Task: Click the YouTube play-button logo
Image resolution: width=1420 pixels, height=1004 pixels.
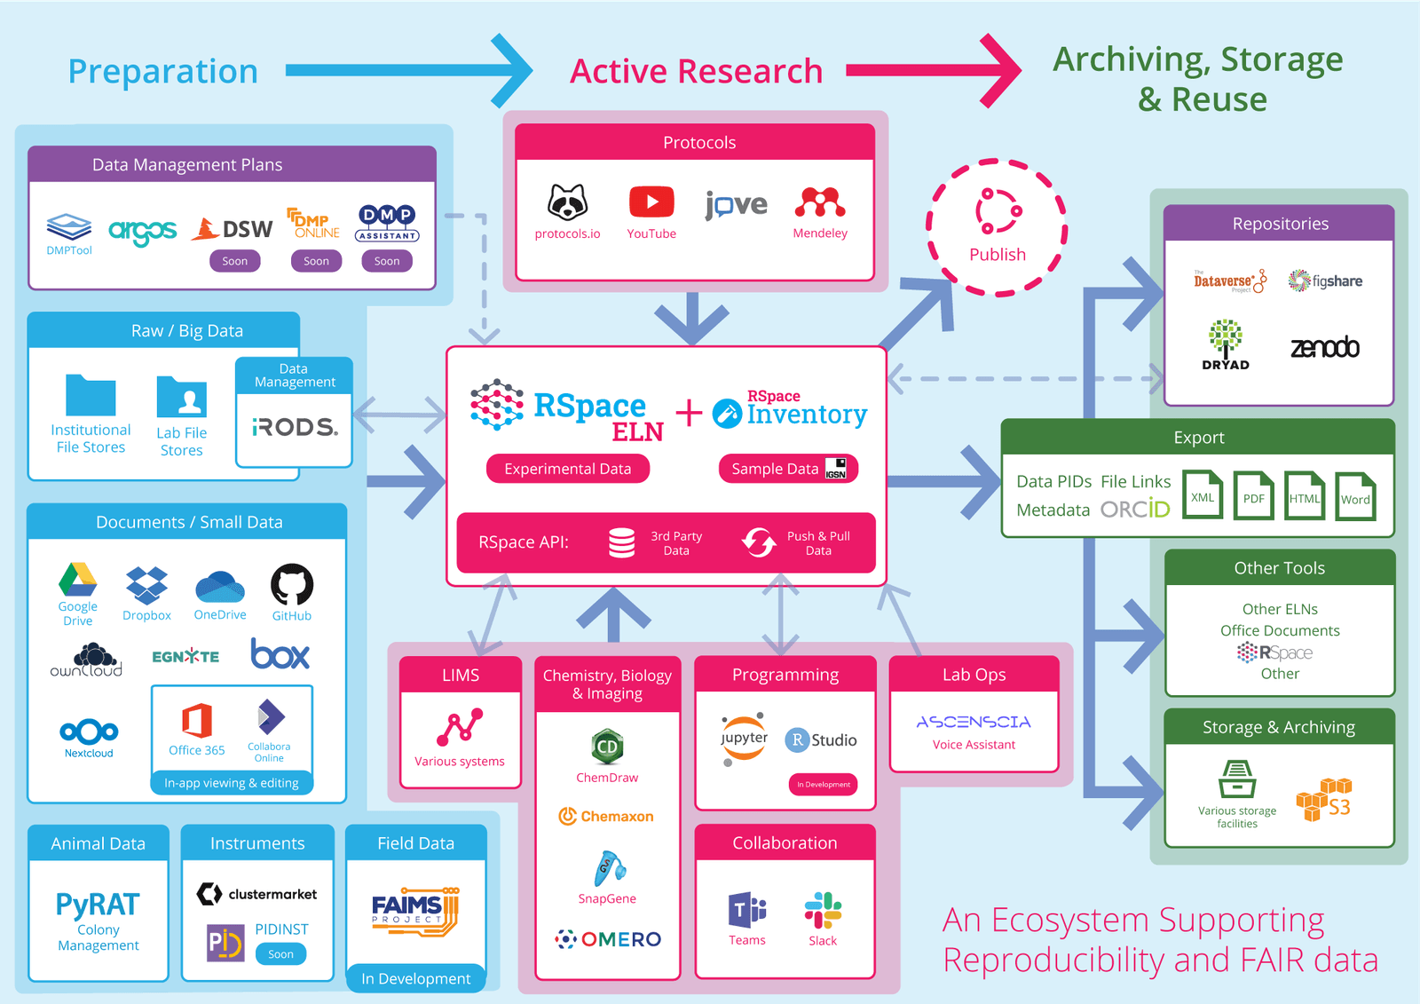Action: [x=651, y=202]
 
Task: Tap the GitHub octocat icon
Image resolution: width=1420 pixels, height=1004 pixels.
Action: [x=291, y=585]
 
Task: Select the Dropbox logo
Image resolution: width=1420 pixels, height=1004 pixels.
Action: [x=146, y=585]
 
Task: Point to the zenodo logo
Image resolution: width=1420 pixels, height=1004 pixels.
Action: [x=1324, y=347]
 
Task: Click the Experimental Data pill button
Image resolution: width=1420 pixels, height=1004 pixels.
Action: [x=567, y=469]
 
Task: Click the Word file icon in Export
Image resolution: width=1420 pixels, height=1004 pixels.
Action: [x=1355, y=496]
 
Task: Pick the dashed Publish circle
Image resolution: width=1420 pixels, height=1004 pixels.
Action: [x=997, y=227]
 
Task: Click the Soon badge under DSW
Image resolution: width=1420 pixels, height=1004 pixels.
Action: [x=234, y=261]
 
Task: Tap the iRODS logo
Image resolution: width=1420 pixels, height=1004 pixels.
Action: [x=295, y=427]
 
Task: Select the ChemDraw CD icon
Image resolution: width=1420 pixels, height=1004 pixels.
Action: [x=607, y=747]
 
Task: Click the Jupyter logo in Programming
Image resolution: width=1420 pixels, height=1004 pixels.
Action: [x=744, y=738]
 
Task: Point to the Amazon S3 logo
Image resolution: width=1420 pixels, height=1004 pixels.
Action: [x=1324, y=800]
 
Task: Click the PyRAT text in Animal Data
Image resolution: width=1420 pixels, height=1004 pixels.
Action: [x=98, y=905]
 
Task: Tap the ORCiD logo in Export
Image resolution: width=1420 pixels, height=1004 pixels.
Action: [x=1135, y=510]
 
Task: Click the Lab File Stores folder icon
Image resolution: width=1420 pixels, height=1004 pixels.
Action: [x=182, y=398]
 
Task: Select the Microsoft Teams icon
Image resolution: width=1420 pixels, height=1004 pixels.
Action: [x=746, y=911]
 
